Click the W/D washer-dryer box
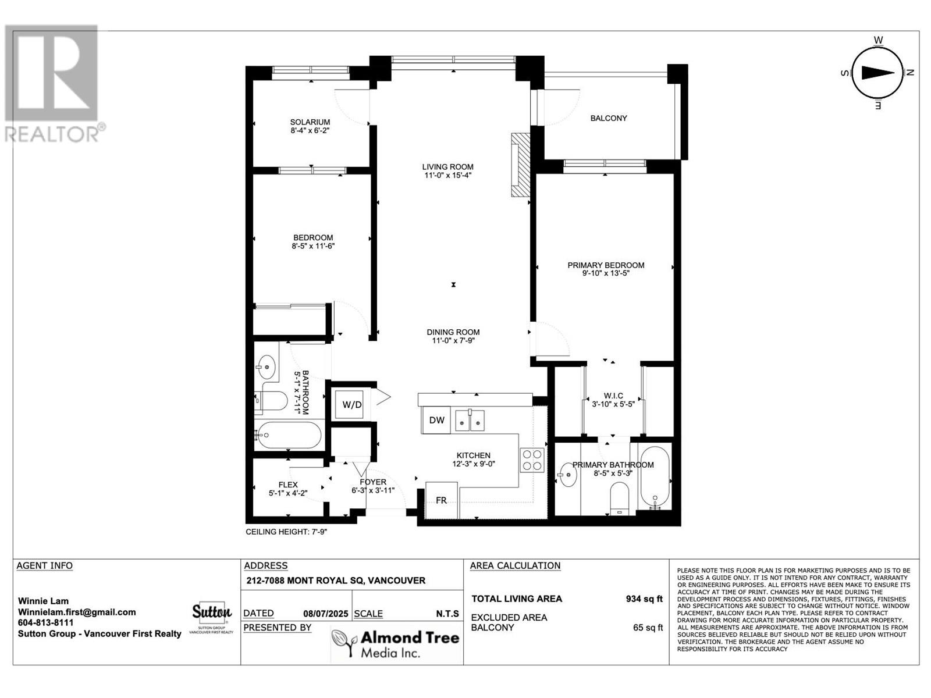(351, 405)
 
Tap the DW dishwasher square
(436, 420)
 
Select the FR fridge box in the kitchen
(442, 500)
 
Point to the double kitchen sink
(470, 420)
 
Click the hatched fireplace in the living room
(520, 165)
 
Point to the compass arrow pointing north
(878, 73)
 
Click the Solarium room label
(310, 122)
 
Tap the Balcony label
(609, 118)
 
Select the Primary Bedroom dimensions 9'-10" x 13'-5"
(606, 273)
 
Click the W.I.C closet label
(613, 396)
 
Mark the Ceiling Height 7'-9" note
(287, 532)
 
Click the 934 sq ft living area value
(644, 599)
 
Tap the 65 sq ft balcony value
(648, 628)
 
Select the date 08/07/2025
(326, 614)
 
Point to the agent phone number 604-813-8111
(46, 622)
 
